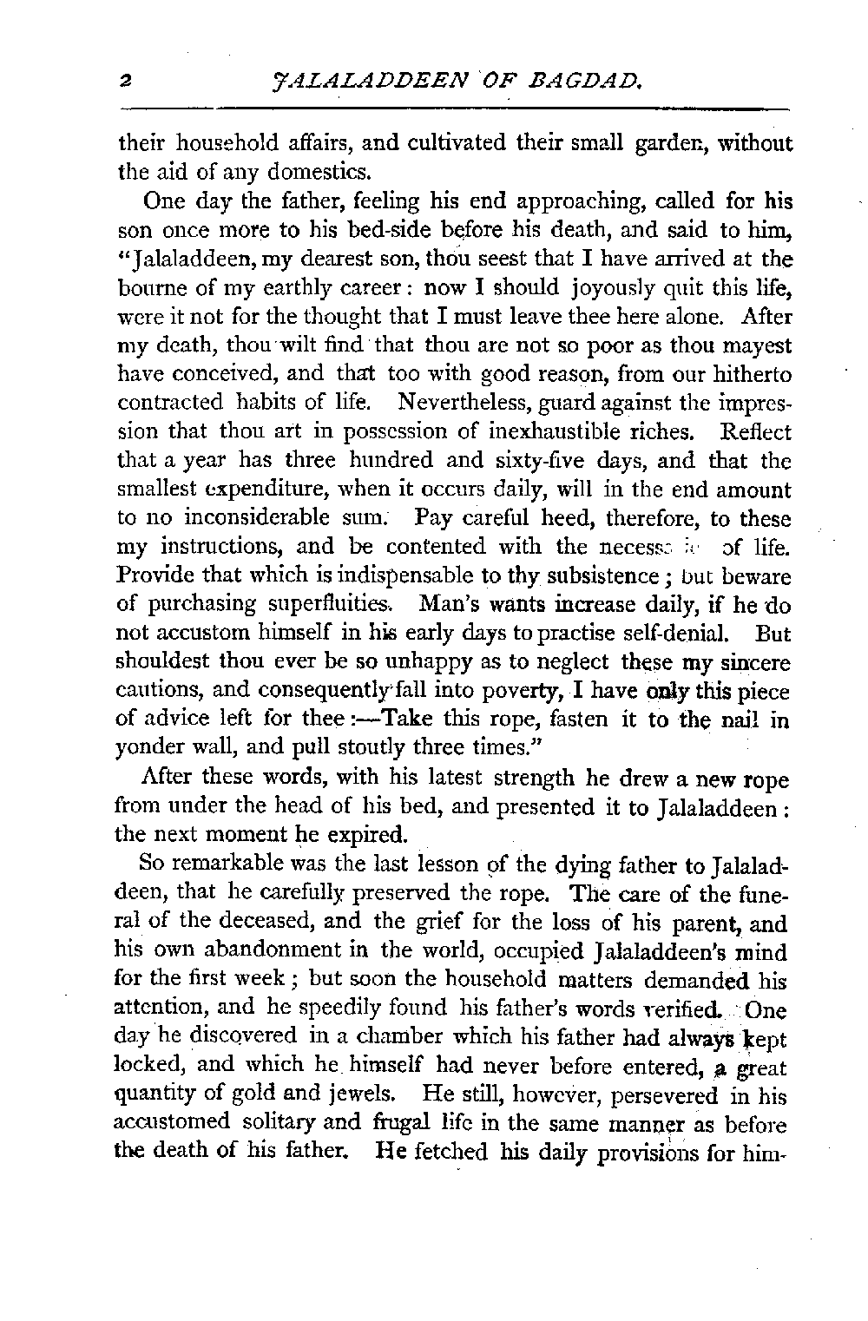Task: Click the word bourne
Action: point(148,291)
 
